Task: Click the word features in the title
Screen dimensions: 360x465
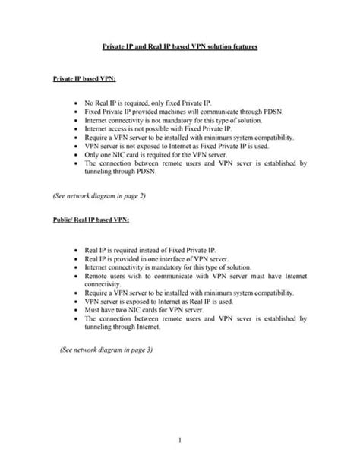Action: click(x=241, y=47)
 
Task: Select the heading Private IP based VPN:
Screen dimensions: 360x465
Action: click(x=84, y=78)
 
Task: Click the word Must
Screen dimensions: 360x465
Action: click(x=93, y=310)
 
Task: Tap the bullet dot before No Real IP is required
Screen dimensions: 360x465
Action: click(x=76, y=102)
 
